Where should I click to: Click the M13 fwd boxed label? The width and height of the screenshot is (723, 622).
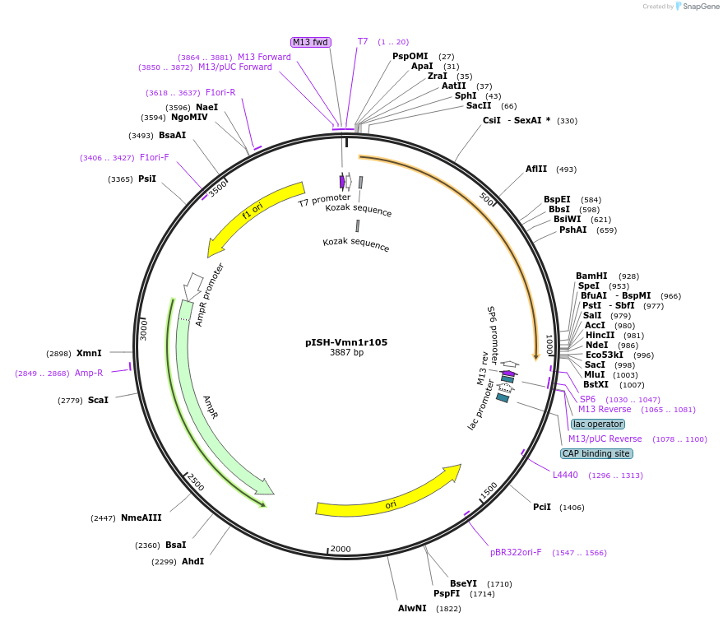click(x=311, y=42)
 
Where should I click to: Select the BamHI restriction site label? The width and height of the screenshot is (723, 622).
click(x=591, y=276)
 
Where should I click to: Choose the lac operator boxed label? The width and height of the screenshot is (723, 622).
click(x=598, y=424)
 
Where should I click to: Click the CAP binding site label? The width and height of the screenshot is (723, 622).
click(x=596, y=453)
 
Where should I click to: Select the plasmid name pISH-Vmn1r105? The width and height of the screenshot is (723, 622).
click(x=346, y=342)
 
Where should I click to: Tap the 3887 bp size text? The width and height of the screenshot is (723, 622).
click(x=346, y=353)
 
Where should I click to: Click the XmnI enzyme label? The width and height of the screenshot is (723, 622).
click(x=89, y=354)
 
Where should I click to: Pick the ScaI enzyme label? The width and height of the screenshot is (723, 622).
click(x=98, y=400)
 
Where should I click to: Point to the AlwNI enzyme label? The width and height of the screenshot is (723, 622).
click(x=412, y=609)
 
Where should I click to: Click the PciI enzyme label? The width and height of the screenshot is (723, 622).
click(x=542, y=507)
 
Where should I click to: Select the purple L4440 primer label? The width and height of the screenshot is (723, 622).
click(x=565, y=476)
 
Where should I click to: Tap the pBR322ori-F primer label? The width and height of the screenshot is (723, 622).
click(x=516, y=553)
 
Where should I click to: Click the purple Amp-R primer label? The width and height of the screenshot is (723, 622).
click(x=89, y=373)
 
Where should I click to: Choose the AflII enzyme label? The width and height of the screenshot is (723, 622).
click(x=536, y=169)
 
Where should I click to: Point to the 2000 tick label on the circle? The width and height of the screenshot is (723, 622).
click(x=340, y=549)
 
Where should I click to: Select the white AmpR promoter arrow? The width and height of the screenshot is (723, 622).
click(x=194, y=285)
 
